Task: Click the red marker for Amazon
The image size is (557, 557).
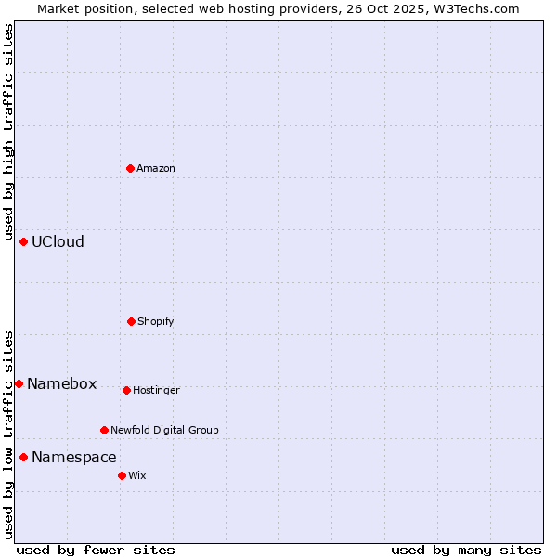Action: click(130, 168)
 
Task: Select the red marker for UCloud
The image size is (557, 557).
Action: click(23, 241)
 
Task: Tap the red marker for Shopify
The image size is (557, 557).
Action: click(131, 321)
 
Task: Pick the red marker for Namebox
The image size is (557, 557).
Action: click(19, 383)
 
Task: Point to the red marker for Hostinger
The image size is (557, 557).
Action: click(126, 390)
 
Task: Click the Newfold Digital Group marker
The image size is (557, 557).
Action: click(104, 430)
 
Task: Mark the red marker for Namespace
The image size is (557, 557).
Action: click(23, 457)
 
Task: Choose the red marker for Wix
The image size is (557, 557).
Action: click(122, 475)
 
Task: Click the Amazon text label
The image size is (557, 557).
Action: click(156, 168)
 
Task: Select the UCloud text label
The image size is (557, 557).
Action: click(58, 241)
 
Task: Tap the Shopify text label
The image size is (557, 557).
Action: click(156, 321)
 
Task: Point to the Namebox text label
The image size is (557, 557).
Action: click(61, 383)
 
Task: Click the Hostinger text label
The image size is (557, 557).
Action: click(156, 390)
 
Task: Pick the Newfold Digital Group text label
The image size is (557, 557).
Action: click(164, 430)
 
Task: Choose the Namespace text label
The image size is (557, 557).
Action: click(73, 457)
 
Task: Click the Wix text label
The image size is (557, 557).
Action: click(137, 475)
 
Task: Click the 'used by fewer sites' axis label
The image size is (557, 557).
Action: click(95, 550)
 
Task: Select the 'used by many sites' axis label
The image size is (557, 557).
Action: click(466, 550)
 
